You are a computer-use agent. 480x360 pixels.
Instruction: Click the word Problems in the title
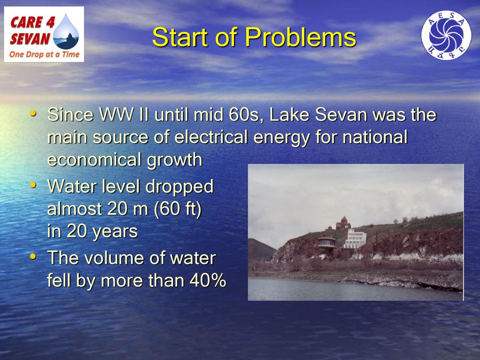[x=300, y=37]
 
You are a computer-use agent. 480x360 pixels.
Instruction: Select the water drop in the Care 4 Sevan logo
[x=66, y=31]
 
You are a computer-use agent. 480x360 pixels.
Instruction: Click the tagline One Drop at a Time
[x=45, y=54]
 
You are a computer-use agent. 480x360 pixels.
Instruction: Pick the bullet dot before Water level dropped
[x=33, y=185]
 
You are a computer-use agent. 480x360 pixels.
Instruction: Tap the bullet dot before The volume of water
[x=33, y=255]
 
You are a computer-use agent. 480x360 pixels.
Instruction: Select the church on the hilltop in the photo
[x=343, y=223]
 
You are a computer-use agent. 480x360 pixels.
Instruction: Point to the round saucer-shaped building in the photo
[x=327, y=242]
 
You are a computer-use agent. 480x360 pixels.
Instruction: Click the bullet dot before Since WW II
[x=33, y=113]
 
